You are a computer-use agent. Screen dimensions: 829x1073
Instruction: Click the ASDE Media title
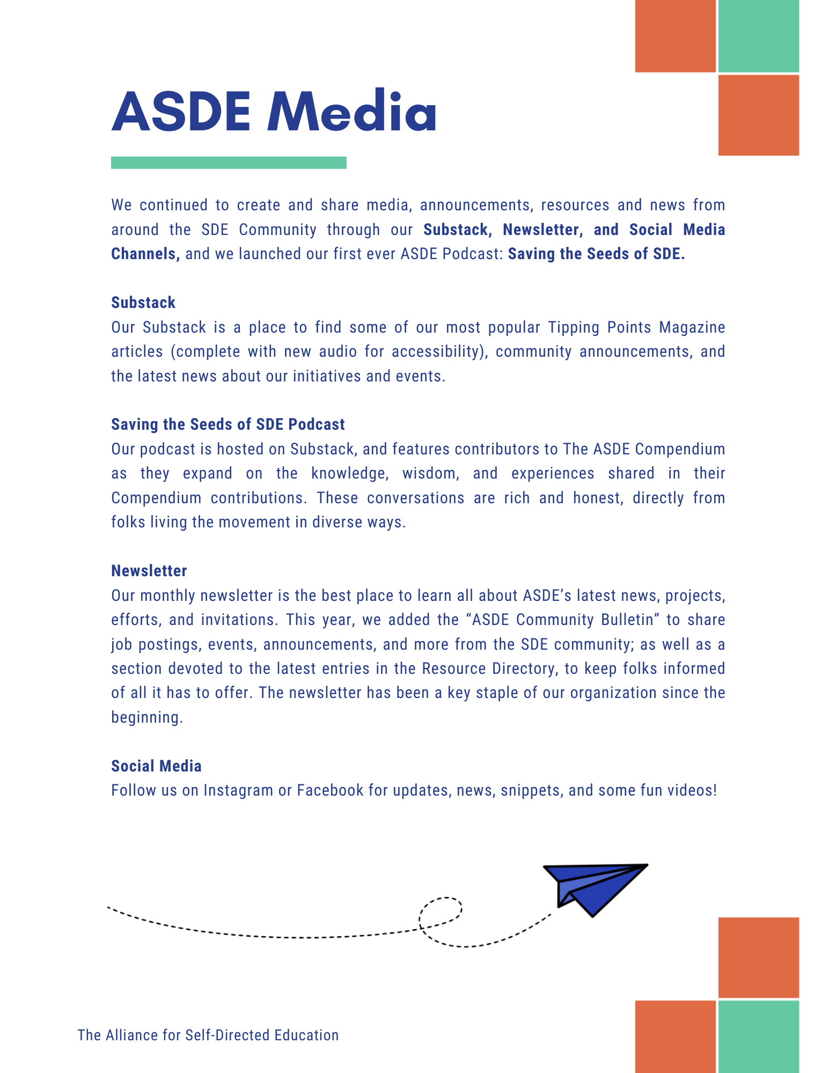[274, 111]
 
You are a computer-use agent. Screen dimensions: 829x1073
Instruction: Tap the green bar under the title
[229, 163]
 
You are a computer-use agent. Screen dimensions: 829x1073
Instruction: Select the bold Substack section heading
[143, 303]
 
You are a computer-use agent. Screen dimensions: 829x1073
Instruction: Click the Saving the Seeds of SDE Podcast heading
[228, 424]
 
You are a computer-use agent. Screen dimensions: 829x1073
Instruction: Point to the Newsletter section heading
[149, 571]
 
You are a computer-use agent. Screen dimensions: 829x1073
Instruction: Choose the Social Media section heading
[156, 766]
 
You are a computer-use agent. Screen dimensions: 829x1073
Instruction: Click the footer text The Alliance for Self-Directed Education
[208, 1035]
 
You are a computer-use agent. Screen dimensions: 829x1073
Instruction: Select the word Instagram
[238, 790]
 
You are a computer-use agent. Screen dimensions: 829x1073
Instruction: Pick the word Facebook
[330, 790]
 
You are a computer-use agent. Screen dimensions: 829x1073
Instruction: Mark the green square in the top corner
[758, 36]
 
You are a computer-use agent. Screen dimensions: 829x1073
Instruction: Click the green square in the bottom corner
[758, 1037]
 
